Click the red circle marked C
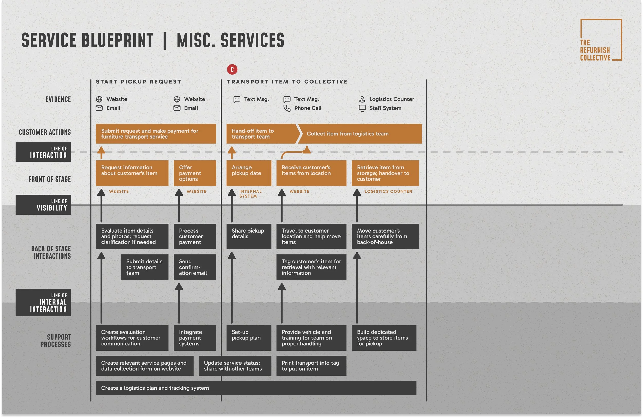tap(232, 70)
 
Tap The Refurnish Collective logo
tap(601, 40)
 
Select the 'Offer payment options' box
tap(194, 173)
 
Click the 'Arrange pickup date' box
tap(248, 173)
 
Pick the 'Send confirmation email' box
tap(194, 267)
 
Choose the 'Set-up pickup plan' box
tap(248, 338)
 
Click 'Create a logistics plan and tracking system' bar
tap(256, 388)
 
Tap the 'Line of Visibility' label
tap(43, 205)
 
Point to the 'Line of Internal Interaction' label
tap(43, 302)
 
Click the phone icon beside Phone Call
tap(287, 108)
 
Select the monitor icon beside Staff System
tap(362, 108)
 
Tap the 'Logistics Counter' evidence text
tap(391, 99)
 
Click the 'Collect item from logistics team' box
tap(359, 134)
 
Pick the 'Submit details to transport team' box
tap(145, 267)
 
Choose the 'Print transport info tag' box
tap(311, 366)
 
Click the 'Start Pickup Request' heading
tap(139, 82)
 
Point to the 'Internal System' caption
tap(250, 194)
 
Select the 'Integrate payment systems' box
tap(194, 338)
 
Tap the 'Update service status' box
tap(235, 366)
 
